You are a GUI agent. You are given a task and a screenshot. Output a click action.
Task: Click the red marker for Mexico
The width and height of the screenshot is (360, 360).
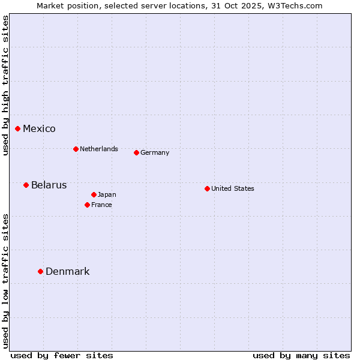18,128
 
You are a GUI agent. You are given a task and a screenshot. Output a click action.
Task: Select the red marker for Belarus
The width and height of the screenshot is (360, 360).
26,185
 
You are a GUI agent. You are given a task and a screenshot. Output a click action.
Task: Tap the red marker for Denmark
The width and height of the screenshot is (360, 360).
41,271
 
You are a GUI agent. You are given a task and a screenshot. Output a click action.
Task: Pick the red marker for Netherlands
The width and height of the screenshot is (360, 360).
76,149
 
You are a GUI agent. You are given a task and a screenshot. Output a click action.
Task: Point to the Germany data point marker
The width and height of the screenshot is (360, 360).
136,152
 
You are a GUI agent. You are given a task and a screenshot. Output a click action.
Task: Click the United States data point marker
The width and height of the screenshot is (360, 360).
207,188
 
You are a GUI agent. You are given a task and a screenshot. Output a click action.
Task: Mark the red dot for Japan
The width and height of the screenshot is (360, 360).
94,194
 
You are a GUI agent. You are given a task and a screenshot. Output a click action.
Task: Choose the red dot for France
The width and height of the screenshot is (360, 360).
88,205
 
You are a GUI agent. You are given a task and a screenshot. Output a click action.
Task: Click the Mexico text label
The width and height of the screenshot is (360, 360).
39,129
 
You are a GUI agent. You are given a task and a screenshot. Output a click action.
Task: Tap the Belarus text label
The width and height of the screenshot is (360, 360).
49,185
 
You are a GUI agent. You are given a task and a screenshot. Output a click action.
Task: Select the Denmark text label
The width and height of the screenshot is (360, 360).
68,272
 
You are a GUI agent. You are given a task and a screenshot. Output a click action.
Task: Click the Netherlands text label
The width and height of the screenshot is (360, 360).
99,149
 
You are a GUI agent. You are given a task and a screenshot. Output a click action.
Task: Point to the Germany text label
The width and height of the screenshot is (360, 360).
155,153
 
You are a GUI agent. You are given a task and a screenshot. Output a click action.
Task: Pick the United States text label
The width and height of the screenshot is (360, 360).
233,188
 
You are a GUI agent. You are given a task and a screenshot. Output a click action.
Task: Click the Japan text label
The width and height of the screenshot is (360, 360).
107,194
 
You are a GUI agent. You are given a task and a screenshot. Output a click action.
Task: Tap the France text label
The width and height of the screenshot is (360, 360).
101,205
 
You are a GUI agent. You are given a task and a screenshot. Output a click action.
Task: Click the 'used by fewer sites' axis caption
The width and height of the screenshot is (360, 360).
62,355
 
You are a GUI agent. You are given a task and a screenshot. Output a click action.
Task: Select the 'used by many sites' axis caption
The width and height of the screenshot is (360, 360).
301,355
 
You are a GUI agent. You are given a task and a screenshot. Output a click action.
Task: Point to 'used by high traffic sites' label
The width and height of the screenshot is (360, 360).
5,85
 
